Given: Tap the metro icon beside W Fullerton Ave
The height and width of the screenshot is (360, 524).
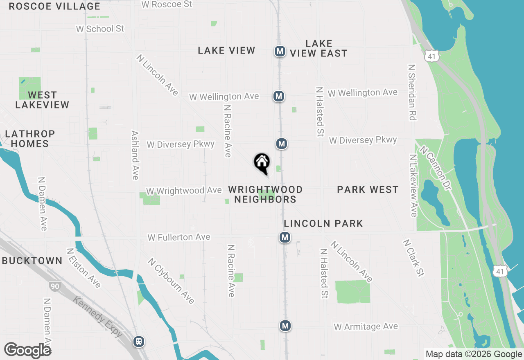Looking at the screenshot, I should pos(285,237).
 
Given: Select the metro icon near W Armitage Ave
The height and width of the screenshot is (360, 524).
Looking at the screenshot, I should pos(285,326).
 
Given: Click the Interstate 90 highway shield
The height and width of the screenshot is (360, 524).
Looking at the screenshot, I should pos(54,286).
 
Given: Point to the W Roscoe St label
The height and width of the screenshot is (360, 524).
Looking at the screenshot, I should pos(166,4).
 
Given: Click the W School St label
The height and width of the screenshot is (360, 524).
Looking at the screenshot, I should pos(100,29).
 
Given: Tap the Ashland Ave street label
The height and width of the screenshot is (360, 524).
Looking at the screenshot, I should pos(135,155).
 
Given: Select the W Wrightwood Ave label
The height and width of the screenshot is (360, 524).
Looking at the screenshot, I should pos(184,191).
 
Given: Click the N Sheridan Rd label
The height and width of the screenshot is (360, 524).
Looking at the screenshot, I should pos(412,92).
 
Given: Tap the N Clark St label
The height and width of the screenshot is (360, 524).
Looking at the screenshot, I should pos(413,258).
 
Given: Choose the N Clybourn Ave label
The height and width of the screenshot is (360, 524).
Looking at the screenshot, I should pos(171,281).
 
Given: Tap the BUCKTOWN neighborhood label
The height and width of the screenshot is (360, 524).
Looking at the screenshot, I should pos(32,261).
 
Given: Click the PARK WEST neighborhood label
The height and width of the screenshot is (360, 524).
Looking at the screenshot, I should pos(368,189).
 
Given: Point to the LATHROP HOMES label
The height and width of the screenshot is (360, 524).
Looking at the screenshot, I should pos(30,139).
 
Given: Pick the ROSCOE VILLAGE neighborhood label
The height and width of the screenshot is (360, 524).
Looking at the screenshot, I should pos(54,6).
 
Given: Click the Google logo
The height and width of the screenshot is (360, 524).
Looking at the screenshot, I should pos(27,351).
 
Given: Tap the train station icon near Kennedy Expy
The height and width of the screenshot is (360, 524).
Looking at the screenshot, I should pos(139,341).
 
